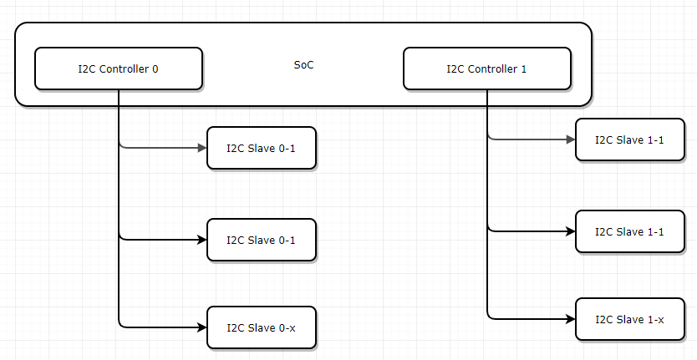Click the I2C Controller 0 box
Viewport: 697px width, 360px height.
point(118,68)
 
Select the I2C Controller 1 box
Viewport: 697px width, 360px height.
point(487,68)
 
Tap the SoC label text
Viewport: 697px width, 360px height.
point(304,64)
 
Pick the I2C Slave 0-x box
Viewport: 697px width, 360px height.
point(261,328)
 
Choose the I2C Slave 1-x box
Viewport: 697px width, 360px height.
point(630,319)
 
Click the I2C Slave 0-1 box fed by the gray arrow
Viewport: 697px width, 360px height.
point(261,148)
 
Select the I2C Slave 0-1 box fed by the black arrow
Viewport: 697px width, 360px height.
point(261,240)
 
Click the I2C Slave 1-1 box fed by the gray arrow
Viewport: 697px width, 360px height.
point(630,139)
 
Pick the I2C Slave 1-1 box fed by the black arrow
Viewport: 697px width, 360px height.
point(630,231)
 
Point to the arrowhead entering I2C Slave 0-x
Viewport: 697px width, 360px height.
point(201,327)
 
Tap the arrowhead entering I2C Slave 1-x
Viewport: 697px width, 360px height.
point(571,318)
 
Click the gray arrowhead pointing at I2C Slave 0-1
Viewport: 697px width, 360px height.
point(201,148)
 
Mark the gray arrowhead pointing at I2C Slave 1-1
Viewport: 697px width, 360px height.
point(571,139)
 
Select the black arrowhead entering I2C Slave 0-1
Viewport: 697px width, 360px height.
point(201,240)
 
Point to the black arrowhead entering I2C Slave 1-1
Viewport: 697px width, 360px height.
point(571,231)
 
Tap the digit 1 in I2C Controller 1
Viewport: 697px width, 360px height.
point(524,68)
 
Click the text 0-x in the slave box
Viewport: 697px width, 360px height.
point(287,328)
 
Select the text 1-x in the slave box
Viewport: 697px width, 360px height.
point(656,319)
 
